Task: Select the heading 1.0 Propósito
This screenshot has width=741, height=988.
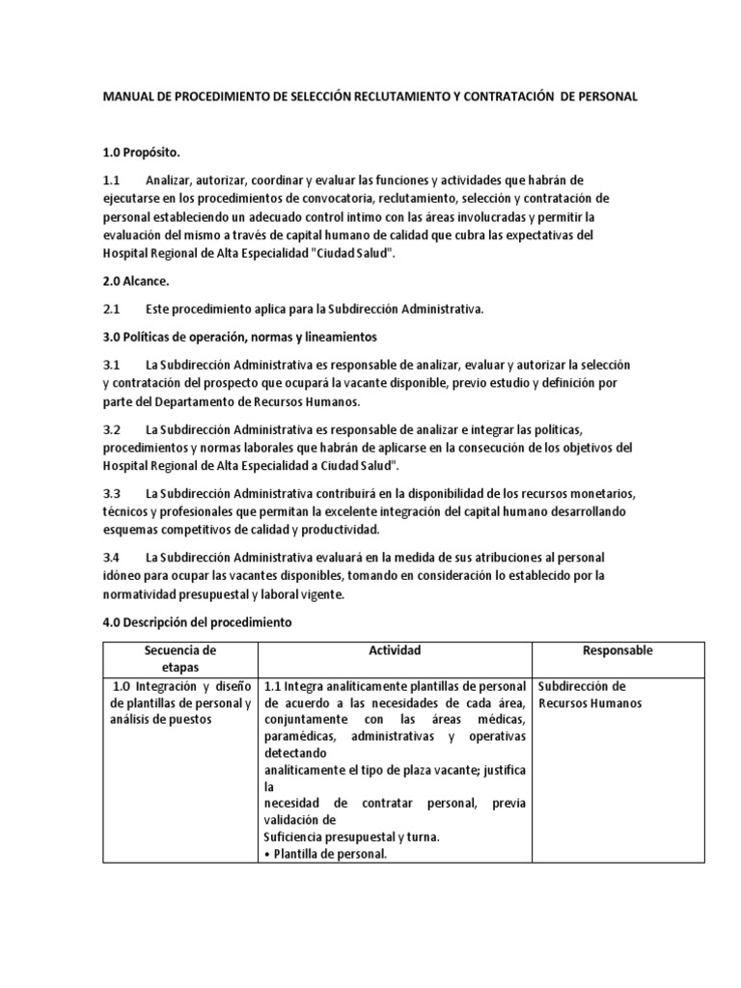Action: [x=142, y=153]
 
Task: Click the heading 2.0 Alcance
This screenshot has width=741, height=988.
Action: [x=136, y=281]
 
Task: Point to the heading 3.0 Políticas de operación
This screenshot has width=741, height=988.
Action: [x=239, y=337]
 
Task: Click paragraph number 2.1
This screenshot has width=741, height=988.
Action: [x=111, y=309]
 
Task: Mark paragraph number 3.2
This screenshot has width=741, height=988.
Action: [x=111, y=428]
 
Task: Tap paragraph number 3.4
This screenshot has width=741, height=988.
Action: [x=111, y=558]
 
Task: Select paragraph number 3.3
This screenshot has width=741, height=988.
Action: [x=111, y=493]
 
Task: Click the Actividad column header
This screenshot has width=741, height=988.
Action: [x=395, y=651]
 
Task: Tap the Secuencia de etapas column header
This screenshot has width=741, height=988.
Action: [x=180, y=659]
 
